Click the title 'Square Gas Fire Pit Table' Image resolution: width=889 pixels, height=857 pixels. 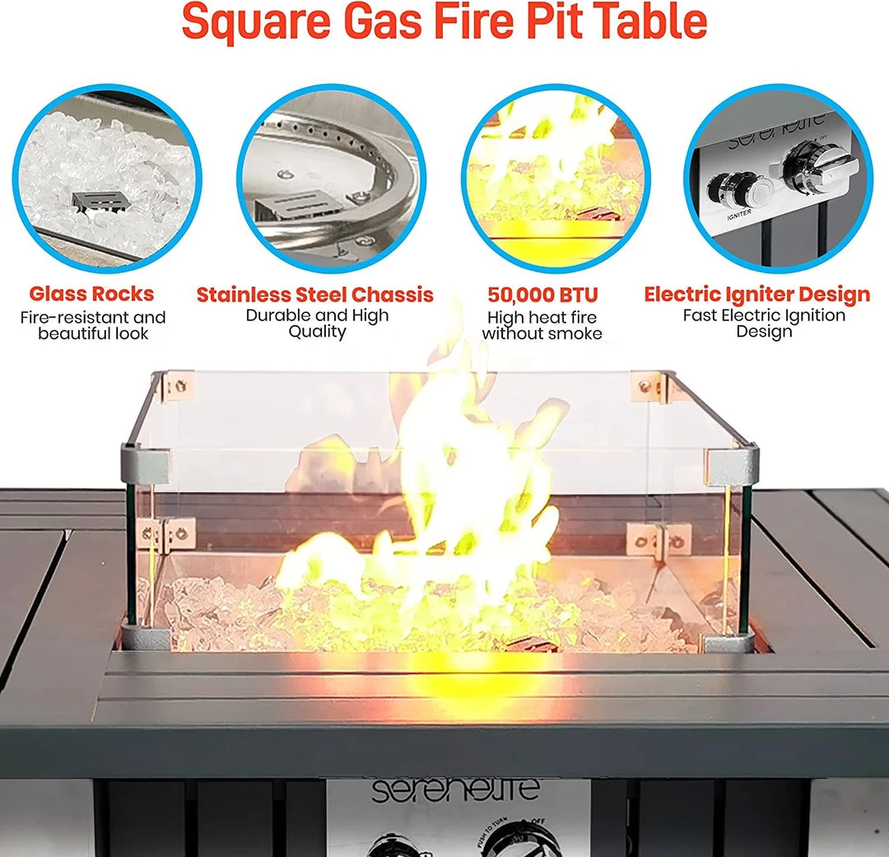click(444, 21)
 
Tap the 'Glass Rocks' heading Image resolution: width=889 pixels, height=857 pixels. click(92, 294)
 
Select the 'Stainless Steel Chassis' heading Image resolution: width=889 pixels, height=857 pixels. click(315, 295)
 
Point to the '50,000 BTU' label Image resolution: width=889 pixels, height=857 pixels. click(542, 295)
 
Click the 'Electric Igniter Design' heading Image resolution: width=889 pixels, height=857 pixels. click(757, 294)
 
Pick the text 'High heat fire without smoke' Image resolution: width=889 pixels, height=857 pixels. click(542, 325)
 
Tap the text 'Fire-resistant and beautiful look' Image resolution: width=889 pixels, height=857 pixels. click(93, 325)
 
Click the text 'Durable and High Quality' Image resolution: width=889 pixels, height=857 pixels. click(317, 324)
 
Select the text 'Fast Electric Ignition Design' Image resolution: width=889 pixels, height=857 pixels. click(764, 324)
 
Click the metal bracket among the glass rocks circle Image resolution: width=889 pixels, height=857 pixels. click(99, 202)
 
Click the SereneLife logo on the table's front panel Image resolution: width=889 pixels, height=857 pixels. click(454, 789)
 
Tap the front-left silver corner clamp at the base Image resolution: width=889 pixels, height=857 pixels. click(145, 636)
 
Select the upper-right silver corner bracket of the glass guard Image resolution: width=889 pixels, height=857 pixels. click(732, 465)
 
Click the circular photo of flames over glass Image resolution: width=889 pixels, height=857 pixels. click(556, 179)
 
